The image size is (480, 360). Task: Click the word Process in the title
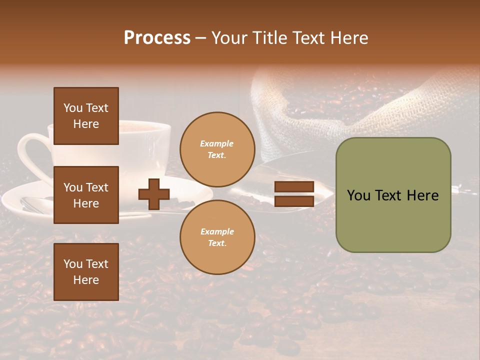coord(157,38)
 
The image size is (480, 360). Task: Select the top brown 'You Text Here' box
coord(86,116)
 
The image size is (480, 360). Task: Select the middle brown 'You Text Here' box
coord(86,195)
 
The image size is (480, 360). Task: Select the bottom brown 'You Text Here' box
coord(86,271)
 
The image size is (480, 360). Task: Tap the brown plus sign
coord(154,194)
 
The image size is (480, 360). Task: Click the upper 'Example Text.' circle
coord(217,149)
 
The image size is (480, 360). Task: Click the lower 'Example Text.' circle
coord(217,237)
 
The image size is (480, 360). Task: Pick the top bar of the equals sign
coord(294,187)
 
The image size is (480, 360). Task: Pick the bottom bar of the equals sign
coord(294,201)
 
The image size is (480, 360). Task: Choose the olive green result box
coord(393,195)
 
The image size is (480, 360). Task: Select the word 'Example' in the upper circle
coord(217,144)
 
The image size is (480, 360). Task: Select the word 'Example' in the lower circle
coord(217,232)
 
